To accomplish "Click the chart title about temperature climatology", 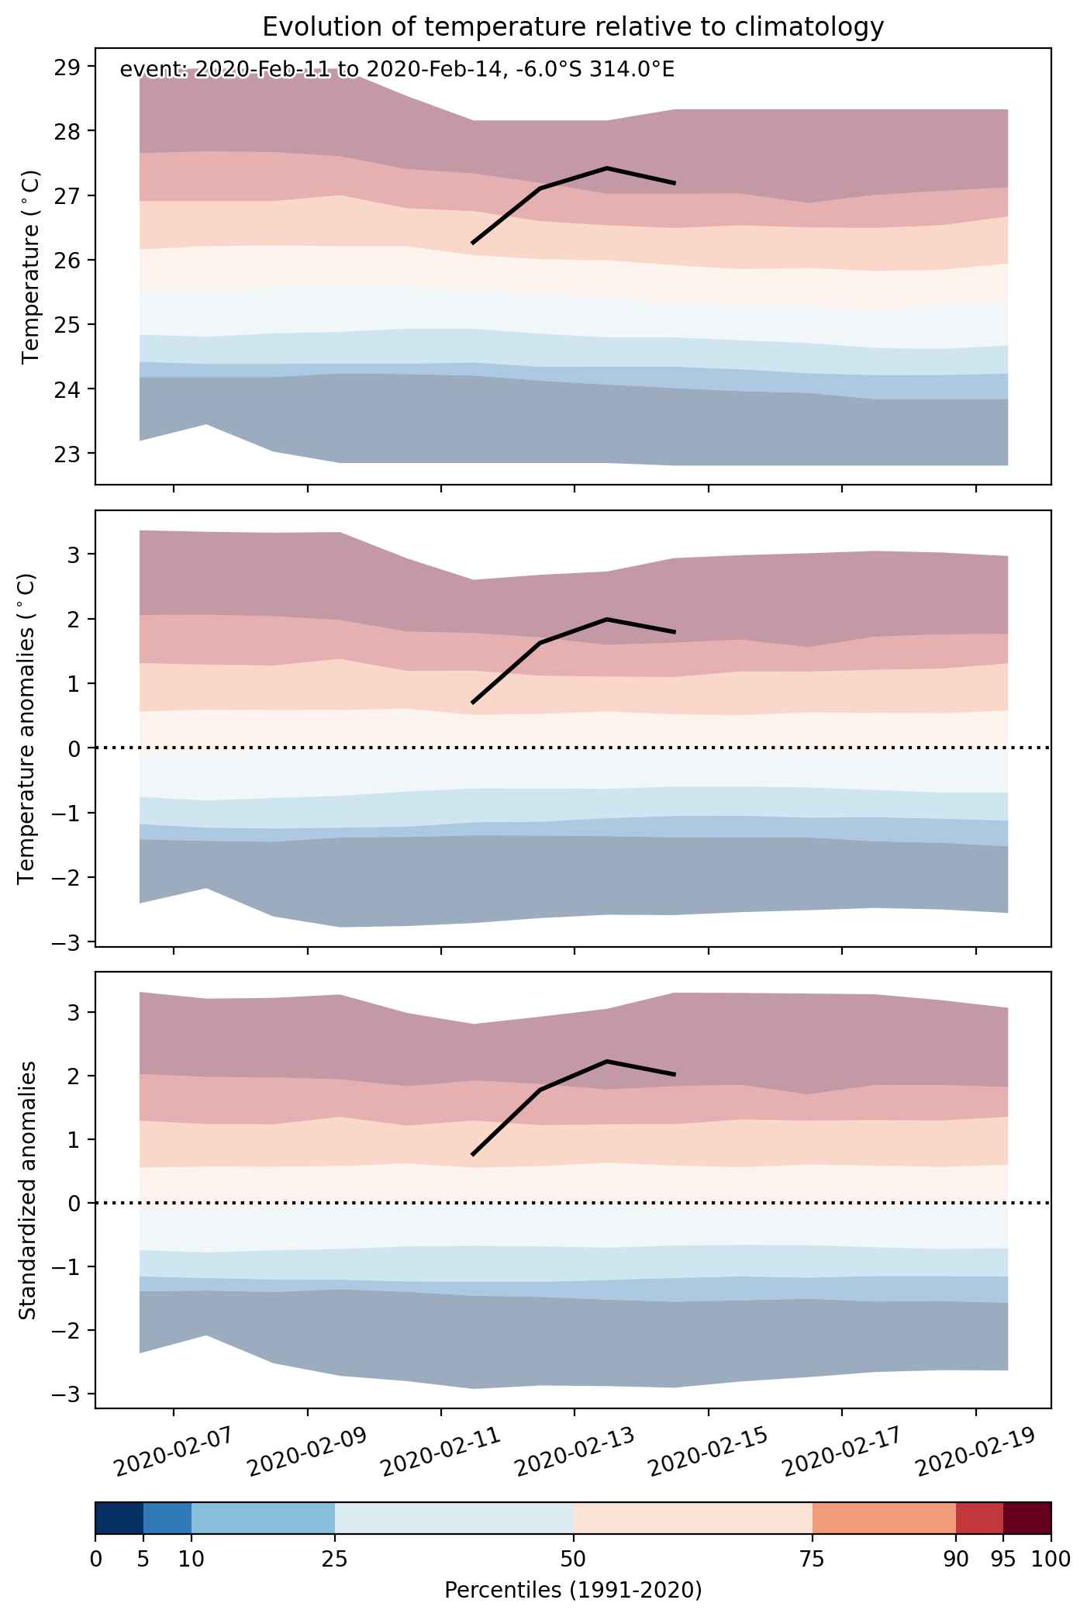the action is point(573,27).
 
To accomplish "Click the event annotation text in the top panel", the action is point(397,70).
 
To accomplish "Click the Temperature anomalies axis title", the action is point(27,728).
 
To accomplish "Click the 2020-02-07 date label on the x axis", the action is point(173,1449).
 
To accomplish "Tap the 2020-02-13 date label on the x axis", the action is point(575,1449).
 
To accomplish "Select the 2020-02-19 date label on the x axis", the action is point(975,1449).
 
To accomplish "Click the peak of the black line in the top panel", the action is point(607,168).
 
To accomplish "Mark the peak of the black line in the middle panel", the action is point(607,619).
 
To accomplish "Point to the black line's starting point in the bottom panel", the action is point(472,1155).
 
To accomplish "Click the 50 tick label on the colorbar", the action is point(574,1559).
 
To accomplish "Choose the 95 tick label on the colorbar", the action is point(1003,1559).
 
